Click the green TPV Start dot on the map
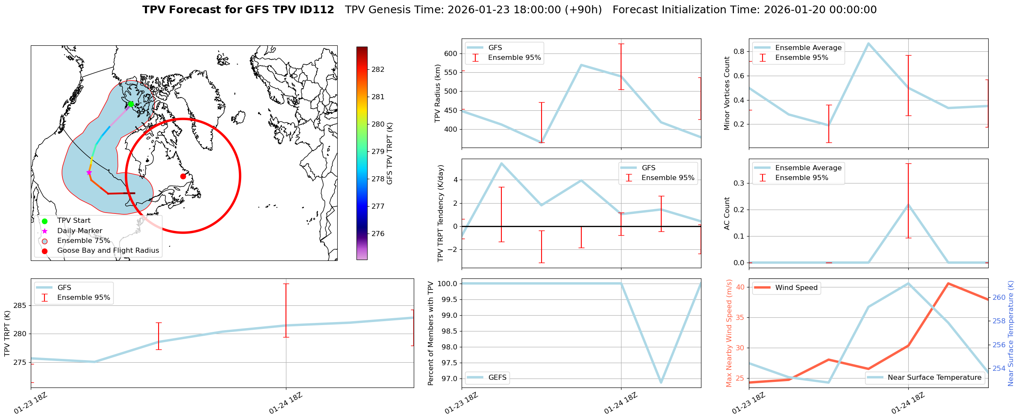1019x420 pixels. pyautogui.click(x=131, y=104)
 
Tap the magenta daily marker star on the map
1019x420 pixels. pyautogui.click(x=89, y=172)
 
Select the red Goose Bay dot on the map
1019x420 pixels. pyautogui.click(x=183, y=176)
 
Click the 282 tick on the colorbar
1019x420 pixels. pyautogui.click(x=378, y=69)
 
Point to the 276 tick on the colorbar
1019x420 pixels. pyautogui.click(x=378, y=234)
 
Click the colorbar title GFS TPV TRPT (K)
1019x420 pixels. pyautogui.click(x=389, y=154)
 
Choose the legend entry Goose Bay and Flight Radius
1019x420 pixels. pyautogui.click(x=108, y=251)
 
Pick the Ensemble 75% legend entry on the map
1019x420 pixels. pyautogui.click(x=83, y=241)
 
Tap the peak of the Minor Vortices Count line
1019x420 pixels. pyautogui.click(x=868, y=43)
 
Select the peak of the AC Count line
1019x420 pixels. pyautogui.click(x=908, y=205)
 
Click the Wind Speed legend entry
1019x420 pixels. pyautogui.click(x=796, y=288)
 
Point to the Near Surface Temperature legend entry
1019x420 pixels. pyautogui.click(x=934, y=378)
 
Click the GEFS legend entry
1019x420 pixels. pyautogui.click(x=497, y=378)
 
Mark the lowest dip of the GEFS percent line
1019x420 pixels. pyautogui.click(x=661, y=382)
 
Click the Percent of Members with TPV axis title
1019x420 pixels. pyautogui.click(x=431, y=333)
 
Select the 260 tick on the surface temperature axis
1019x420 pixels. pyautogui.click(x=999, y=297)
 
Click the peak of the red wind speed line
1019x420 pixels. pyautogui.click(x=948, y=283)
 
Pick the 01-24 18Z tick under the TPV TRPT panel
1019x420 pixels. pyautogui.click(x=286, y=402)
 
